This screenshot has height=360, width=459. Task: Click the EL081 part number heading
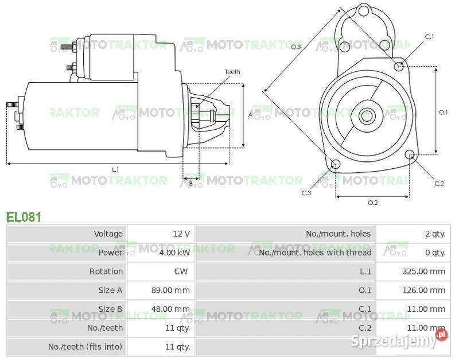point(24,216)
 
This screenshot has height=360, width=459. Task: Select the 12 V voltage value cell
point(181,234)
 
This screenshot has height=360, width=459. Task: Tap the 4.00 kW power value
point(174,253)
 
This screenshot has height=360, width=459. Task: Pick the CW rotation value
point(181,272)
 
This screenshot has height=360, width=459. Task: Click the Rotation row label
point(106,272)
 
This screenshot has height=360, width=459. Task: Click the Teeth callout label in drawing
point(232,72)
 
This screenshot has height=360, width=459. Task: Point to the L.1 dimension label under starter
point(115,169)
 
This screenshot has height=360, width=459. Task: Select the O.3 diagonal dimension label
point(296,47)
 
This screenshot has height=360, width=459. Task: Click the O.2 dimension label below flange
point(372,203)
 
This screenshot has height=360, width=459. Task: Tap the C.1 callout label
point(429,37)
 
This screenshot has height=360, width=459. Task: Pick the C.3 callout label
point(306,193)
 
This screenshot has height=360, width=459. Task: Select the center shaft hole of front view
point(367,116)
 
